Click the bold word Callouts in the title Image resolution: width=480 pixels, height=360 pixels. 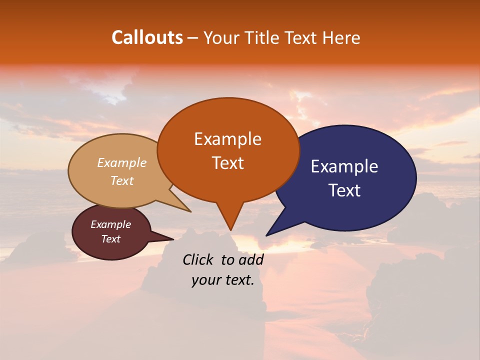coord(147,37)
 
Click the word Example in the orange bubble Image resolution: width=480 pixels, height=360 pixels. coord(227,139)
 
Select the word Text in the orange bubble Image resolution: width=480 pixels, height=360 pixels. coord(227,163)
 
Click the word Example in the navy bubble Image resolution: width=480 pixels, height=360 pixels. coord(344,166)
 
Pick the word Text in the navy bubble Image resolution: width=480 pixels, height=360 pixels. coord(345,190)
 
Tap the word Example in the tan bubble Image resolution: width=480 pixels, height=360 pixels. coord(121,163)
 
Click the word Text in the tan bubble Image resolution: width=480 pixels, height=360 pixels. coord(121,181)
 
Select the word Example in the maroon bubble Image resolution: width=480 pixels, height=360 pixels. coord(110,224)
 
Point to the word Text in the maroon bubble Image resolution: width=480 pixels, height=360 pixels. coord(110,239)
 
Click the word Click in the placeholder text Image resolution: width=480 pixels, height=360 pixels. coord(198,260)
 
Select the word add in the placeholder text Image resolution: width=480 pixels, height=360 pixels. coord(250,260)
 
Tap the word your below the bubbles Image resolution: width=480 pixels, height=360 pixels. coord(204,280)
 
